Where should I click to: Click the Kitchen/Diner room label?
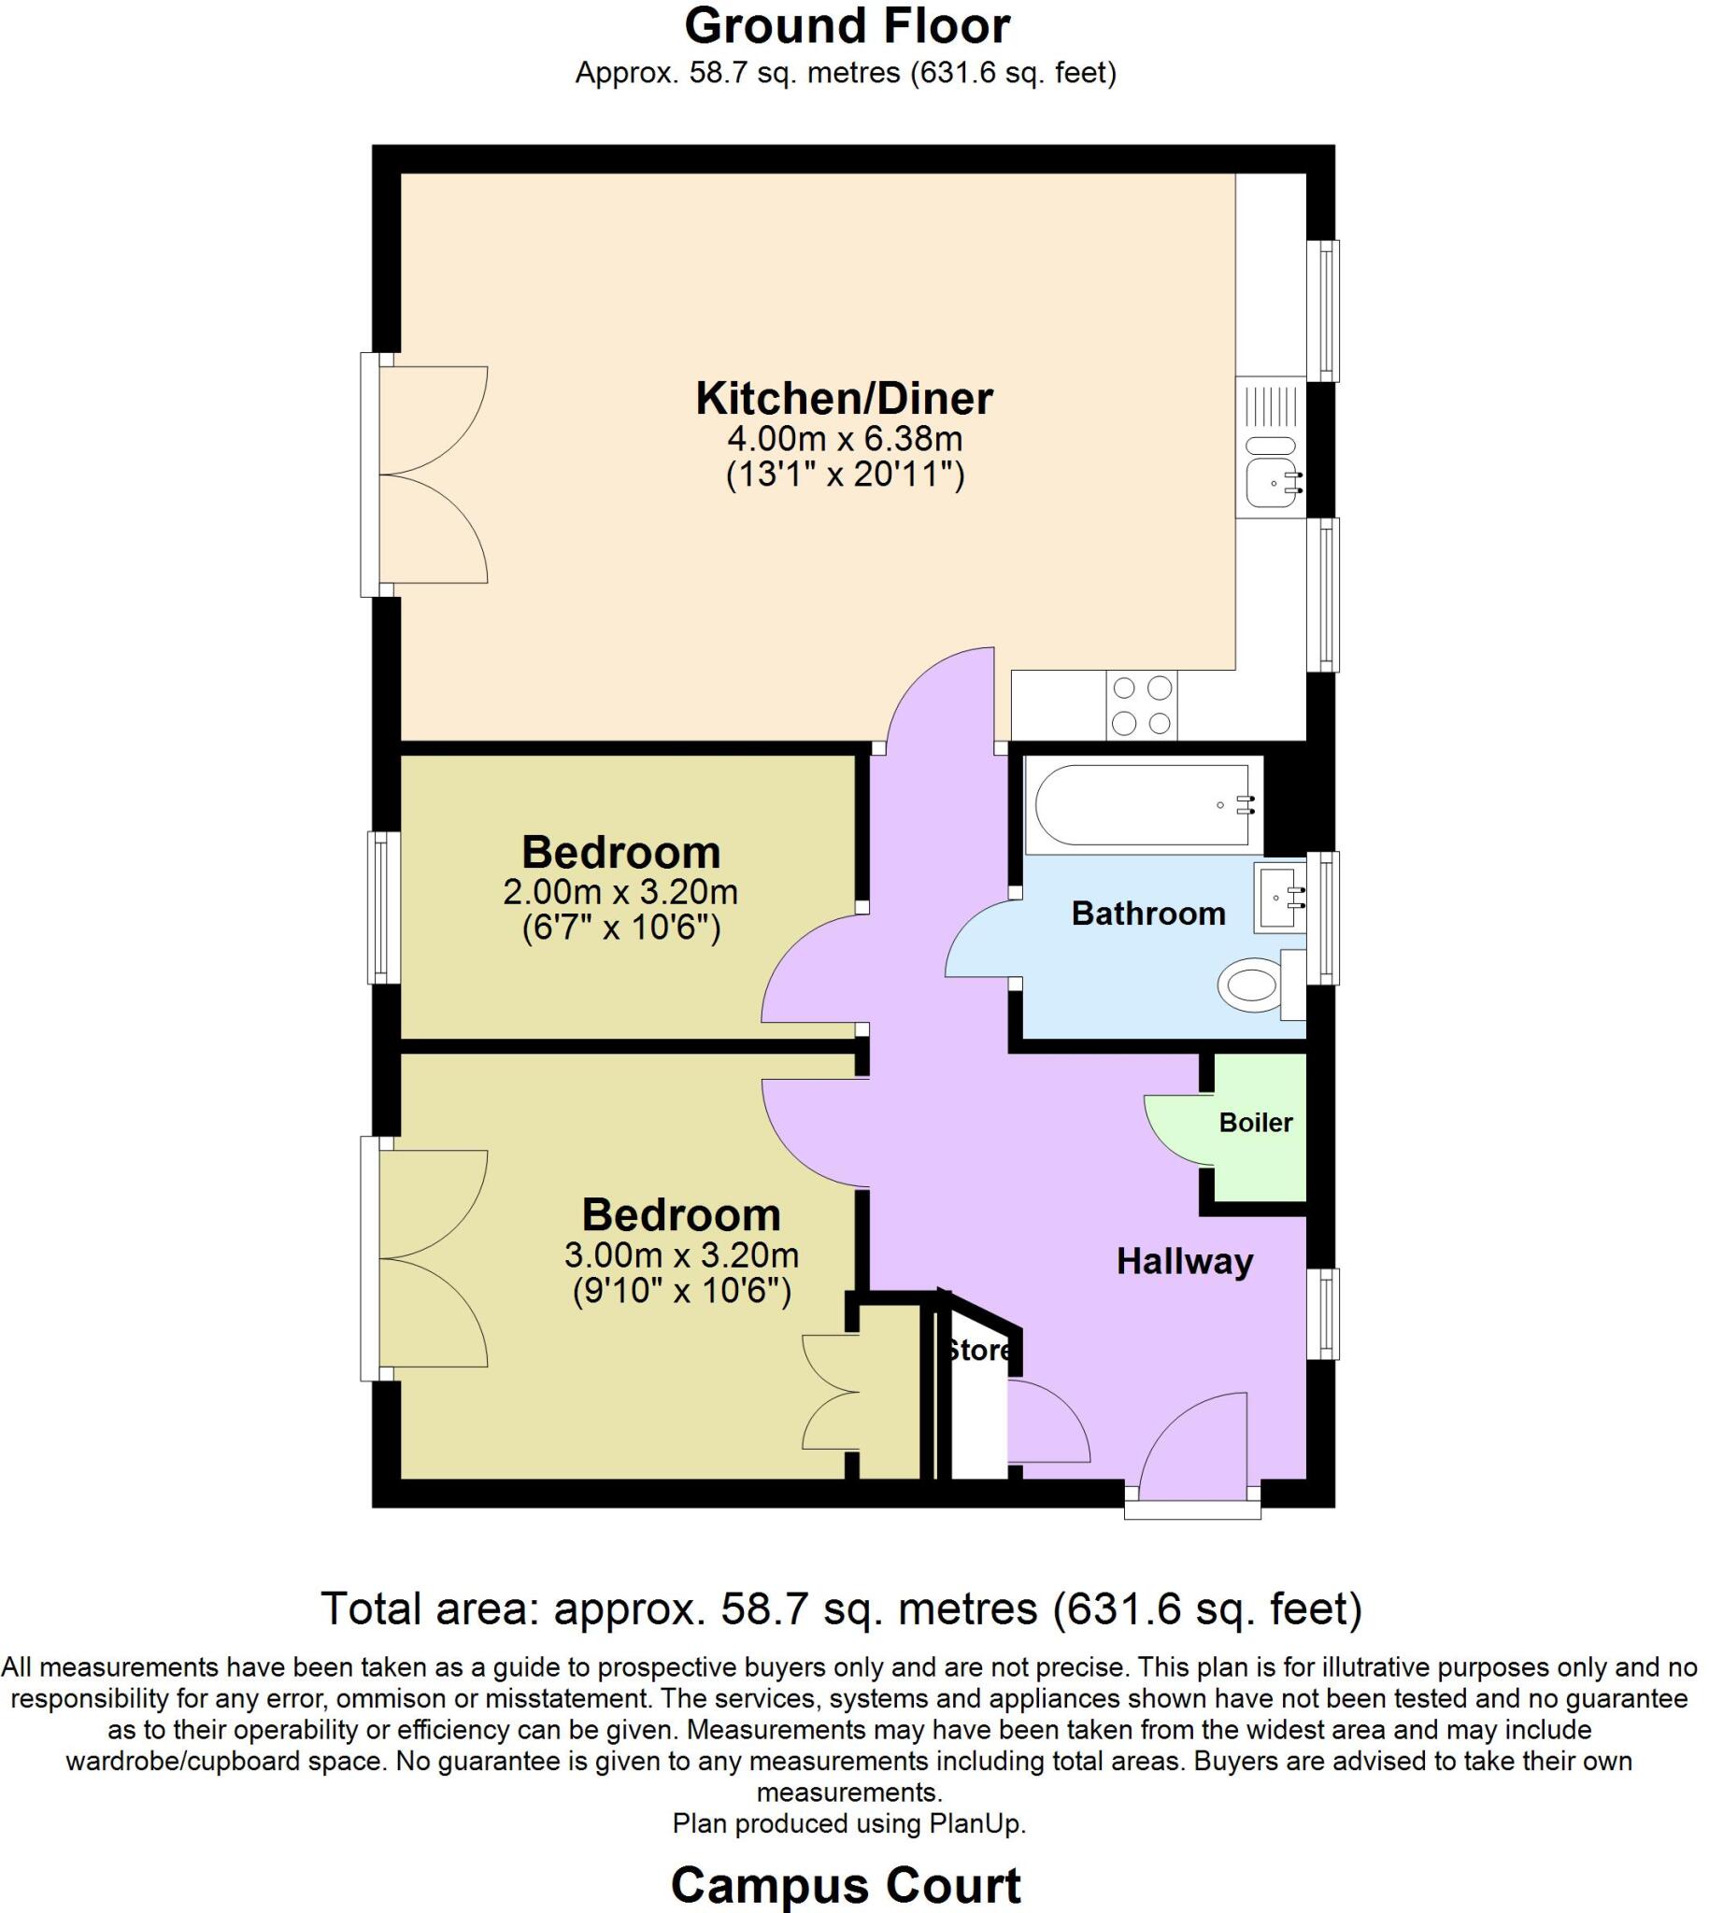pos(843,399)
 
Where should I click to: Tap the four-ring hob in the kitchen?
pos(1141,705)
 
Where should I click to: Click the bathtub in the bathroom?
pos(1142,805)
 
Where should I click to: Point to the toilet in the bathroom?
pos(1251,985)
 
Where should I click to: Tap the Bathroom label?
pos(1147,914)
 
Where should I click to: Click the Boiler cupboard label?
pos(1256,1123)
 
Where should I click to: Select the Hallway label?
pos(1184,1263)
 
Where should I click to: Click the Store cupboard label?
pos(978,1351)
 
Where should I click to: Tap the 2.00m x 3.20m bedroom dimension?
pos(620,892)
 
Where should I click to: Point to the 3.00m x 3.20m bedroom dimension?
pos(681,1255)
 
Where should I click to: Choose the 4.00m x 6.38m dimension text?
pos(844,438)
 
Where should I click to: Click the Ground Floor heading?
pos(846,26)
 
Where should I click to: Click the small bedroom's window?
pos(380,907)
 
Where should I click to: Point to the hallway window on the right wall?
pos(1323,1313)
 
